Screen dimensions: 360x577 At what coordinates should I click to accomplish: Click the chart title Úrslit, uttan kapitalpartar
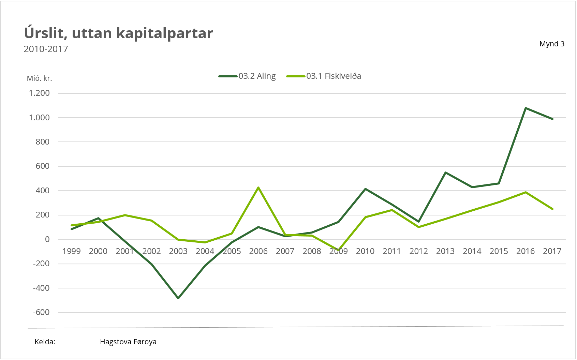tap(118, 33)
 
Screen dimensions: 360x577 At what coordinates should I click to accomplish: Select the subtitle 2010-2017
tap(46, 49)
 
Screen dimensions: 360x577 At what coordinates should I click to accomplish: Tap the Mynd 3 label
tap(552, 44)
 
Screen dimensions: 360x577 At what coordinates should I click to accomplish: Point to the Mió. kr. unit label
tap(40, 78)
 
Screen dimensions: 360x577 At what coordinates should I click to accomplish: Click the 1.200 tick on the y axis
tap(39, 93)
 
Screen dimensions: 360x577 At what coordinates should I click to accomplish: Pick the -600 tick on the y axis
tap(41, 312)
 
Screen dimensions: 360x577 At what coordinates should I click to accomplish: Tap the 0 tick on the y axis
tap(47, 239)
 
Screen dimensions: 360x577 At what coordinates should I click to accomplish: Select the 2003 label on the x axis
tap(178, 251)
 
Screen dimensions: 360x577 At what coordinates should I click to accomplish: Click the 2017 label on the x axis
tap(552, 251)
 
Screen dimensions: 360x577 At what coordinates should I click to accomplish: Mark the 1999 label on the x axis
tap(72, 251)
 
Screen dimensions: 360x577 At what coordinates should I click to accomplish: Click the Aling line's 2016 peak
tap(526, 108)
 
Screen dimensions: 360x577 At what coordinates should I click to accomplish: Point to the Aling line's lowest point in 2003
tap(178, 298)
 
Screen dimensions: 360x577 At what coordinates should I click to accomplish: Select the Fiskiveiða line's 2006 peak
tap(258, 187)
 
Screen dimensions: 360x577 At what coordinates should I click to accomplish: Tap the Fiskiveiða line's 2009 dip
tap(339, 250)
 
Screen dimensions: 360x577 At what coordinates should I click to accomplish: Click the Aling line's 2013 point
tap(445, 172)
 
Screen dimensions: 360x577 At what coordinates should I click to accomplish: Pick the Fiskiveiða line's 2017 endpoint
tap(552, 209)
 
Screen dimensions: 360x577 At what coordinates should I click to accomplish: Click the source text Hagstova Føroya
tap(128, 342)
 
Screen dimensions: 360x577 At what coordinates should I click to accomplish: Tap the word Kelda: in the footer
tap(45, 342)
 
